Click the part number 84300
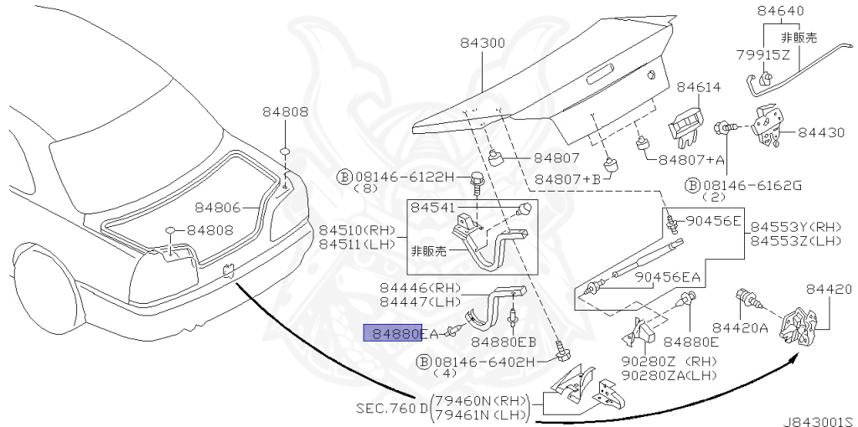pyautogui.click(x=482, y=43)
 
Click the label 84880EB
pyautogui.click(x=503, y=342)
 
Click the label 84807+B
pyautogui.click(x=568, y=179)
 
